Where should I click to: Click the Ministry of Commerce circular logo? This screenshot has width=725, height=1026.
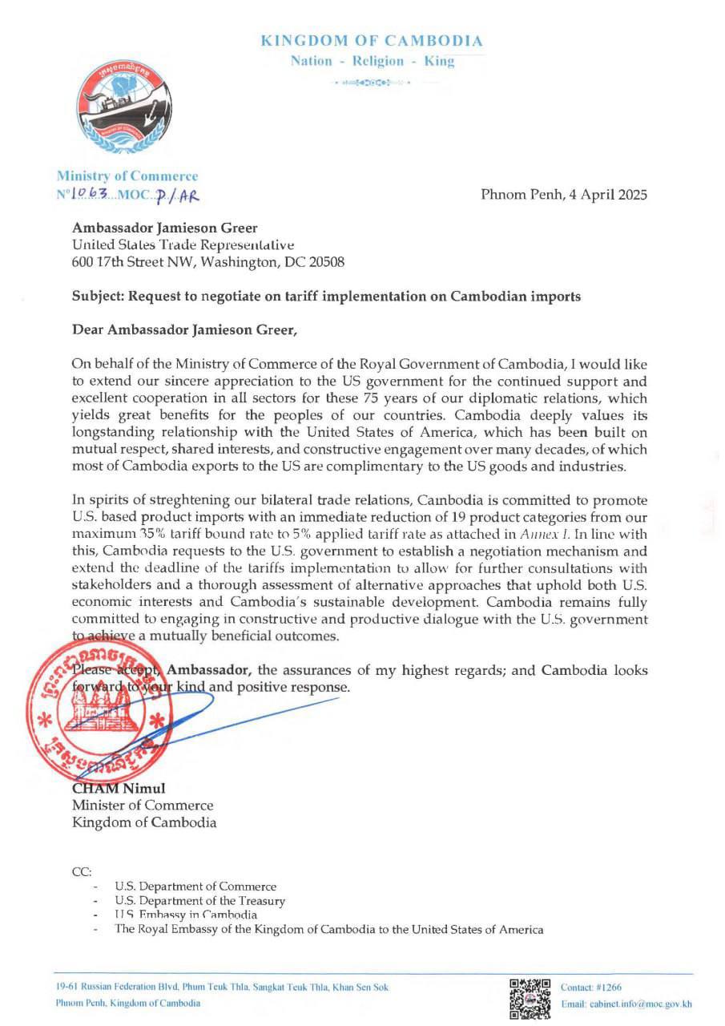point(124,107)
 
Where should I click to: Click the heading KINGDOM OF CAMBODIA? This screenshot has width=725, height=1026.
point(372,41)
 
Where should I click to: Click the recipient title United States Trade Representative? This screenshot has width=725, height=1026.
point(183,244)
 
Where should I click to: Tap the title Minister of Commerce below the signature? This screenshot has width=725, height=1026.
point(143,805)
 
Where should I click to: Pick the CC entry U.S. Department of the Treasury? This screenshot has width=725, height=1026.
point(200,900)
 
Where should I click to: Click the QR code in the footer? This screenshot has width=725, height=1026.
point(530,997)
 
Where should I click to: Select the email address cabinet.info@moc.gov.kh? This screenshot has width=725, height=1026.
point(627,1004)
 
